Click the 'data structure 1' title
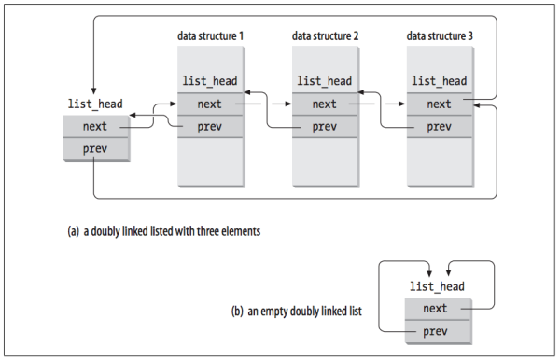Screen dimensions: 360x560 click(x=210, y=36)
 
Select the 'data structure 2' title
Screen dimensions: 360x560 click(x=325, y=36)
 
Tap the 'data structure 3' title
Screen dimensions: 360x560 click(x=440, y=36)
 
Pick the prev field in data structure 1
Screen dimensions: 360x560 click(x=210, y=126)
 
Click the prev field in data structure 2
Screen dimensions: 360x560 click(x=325, y=126)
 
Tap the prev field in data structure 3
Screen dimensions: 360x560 click(x=440, y=126)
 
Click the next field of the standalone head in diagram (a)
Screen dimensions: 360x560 click(x=95, y=126)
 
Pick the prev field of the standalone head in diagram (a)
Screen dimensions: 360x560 click(x=95, y=147)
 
